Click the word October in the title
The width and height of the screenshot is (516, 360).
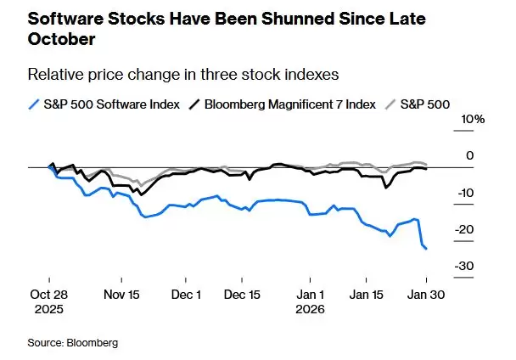click(62, 39)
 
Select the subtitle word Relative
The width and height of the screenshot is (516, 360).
click(53, 74)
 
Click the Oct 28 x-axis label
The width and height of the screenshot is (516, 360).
click(49, 295)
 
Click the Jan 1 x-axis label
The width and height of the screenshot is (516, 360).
click(310, 295)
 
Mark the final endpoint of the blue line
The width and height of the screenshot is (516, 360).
click(426, 248)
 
